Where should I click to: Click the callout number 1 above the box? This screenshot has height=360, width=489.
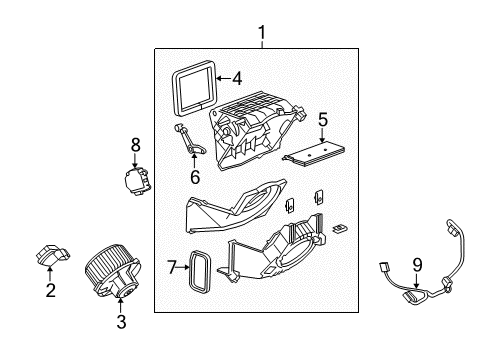pyautogui.click(x=262, y=35)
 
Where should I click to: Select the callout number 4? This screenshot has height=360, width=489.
pyautogui.click(x=237, y=78)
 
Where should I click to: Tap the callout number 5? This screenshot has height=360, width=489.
pyautogui.click(x=323, y=120)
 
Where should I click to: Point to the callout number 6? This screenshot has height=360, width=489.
pyautogui.click(x=195, y=177)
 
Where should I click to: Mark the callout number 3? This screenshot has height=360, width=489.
pyautogui.click(x=120, y=322)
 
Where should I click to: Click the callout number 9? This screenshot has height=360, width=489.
pyautogui.click(x=417, y=265)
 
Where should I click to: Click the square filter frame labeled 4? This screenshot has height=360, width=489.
pyautogui.click(x=194, y=84)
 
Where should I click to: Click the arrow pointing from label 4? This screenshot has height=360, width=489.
pyautogui.click(x=222, y=78)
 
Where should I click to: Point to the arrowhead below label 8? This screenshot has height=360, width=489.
pyautogui.click(x=136, y=162)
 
